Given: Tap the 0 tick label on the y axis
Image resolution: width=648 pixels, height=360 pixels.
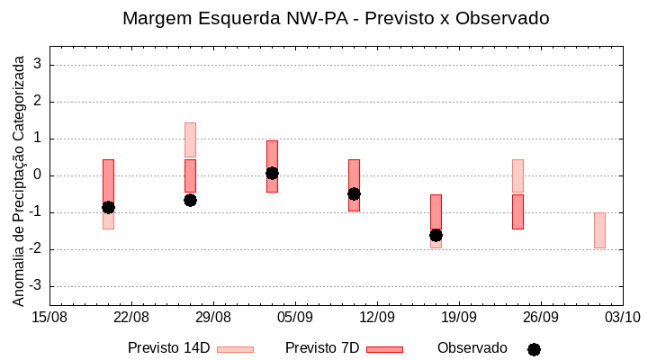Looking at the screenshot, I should click(x=39, y=175).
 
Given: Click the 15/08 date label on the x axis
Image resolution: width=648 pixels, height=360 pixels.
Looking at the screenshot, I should click(x=49, y=317).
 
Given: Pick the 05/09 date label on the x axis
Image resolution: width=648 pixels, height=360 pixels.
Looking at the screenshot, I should click(x=295, y=317).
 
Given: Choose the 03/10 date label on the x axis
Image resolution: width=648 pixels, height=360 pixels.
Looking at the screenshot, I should click(x=622, y=317).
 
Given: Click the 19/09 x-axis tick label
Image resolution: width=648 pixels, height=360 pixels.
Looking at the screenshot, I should click(x=459, y=317).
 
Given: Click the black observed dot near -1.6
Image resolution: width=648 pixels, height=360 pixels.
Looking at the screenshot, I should click(x=436, y=235).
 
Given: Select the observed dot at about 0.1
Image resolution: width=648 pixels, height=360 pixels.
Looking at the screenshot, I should click(x=272, y=173).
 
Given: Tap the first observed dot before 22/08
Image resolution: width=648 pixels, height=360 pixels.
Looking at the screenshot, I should click(x=108, y=207).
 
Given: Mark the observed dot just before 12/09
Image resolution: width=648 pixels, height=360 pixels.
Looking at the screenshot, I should click(x=354, y=193).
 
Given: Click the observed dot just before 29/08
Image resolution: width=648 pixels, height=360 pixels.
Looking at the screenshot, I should click(x=190, y=200).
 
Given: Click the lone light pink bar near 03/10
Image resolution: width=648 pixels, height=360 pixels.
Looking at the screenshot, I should click(x=599, y=230).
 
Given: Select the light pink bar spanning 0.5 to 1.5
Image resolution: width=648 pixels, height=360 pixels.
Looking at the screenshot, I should click(x=190, y=139).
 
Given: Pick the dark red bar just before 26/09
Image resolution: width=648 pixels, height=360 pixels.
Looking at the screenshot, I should click(x=517, y=211).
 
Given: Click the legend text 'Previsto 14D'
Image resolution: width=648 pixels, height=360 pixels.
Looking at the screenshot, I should click(x=168, y=348).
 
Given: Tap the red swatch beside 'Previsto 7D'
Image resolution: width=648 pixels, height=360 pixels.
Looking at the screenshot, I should click(x=384, y=349).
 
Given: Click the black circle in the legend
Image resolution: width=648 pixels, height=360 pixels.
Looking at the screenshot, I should click(x=534, y=349).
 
